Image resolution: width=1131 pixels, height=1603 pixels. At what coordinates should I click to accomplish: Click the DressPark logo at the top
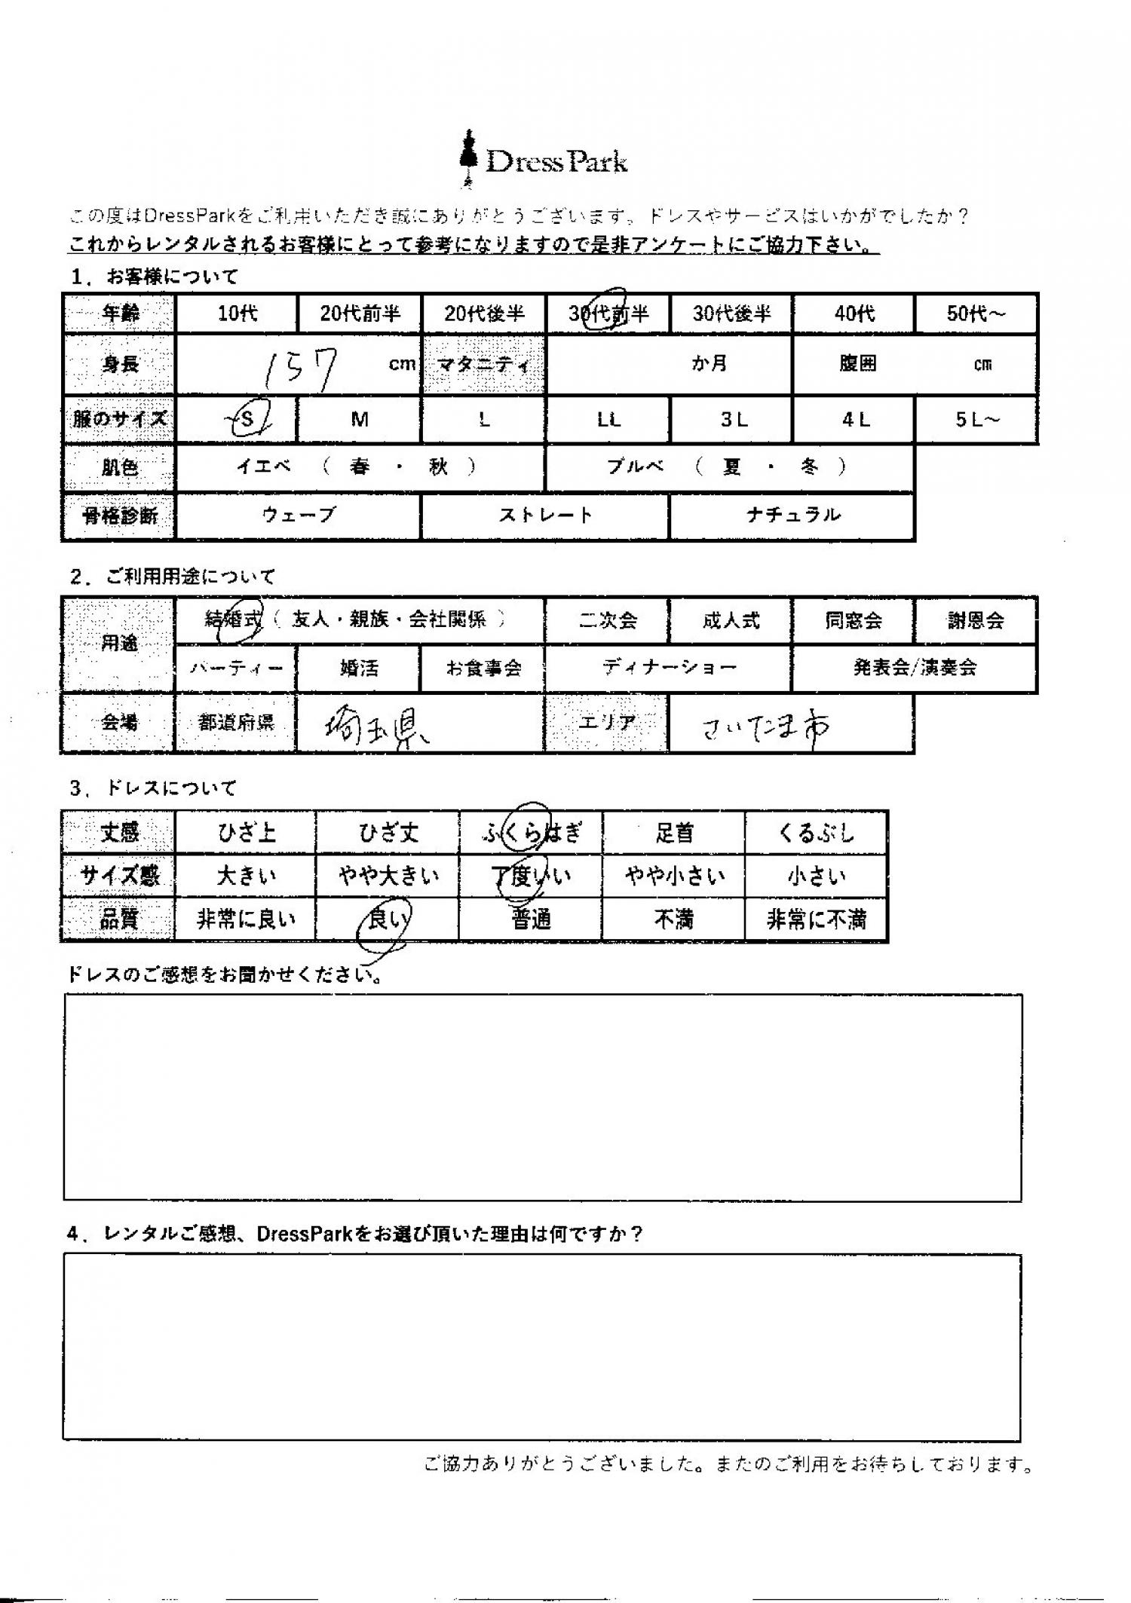[x=544, y=161]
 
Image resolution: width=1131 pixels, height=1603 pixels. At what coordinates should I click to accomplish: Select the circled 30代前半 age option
[x=608, y=313]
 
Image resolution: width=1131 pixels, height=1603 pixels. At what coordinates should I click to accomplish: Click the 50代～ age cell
[x=976, y=314]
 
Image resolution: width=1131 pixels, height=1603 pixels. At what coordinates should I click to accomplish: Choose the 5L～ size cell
[x=976, y=420]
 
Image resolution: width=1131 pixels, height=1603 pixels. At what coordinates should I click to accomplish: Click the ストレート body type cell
[x=544, y=515]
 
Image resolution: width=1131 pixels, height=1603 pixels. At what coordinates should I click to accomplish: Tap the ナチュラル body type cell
[x=792, y=515]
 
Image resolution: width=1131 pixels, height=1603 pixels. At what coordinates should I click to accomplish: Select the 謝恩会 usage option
[x=975, y=621]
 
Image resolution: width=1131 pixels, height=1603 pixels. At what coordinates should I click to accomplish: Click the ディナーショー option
[x=668, y=668]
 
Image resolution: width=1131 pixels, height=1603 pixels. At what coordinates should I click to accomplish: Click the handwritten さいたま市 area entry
[x=765, y=725]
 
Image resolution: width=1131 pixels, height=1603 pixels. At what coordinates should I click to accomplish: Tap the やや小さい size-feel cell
[x=673, y=876]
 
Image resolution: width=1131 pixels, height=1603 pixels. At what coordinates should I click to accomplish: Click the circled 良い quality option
[x=385, y=919]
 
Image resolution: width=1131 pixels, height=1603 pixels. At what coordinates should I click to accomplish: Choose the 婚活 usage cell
[x=358, y=668]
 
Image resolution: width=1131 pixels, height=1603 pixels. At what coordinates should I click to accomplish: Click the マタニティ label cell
[x=483, y=365]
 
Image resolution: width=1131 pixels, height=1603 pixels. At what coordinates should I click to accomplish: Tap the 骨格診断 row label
[x=119, y=516]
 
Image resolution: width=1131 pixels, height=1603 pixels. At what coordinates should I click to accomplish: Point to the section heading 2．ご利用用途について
[x=173, y=577]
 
